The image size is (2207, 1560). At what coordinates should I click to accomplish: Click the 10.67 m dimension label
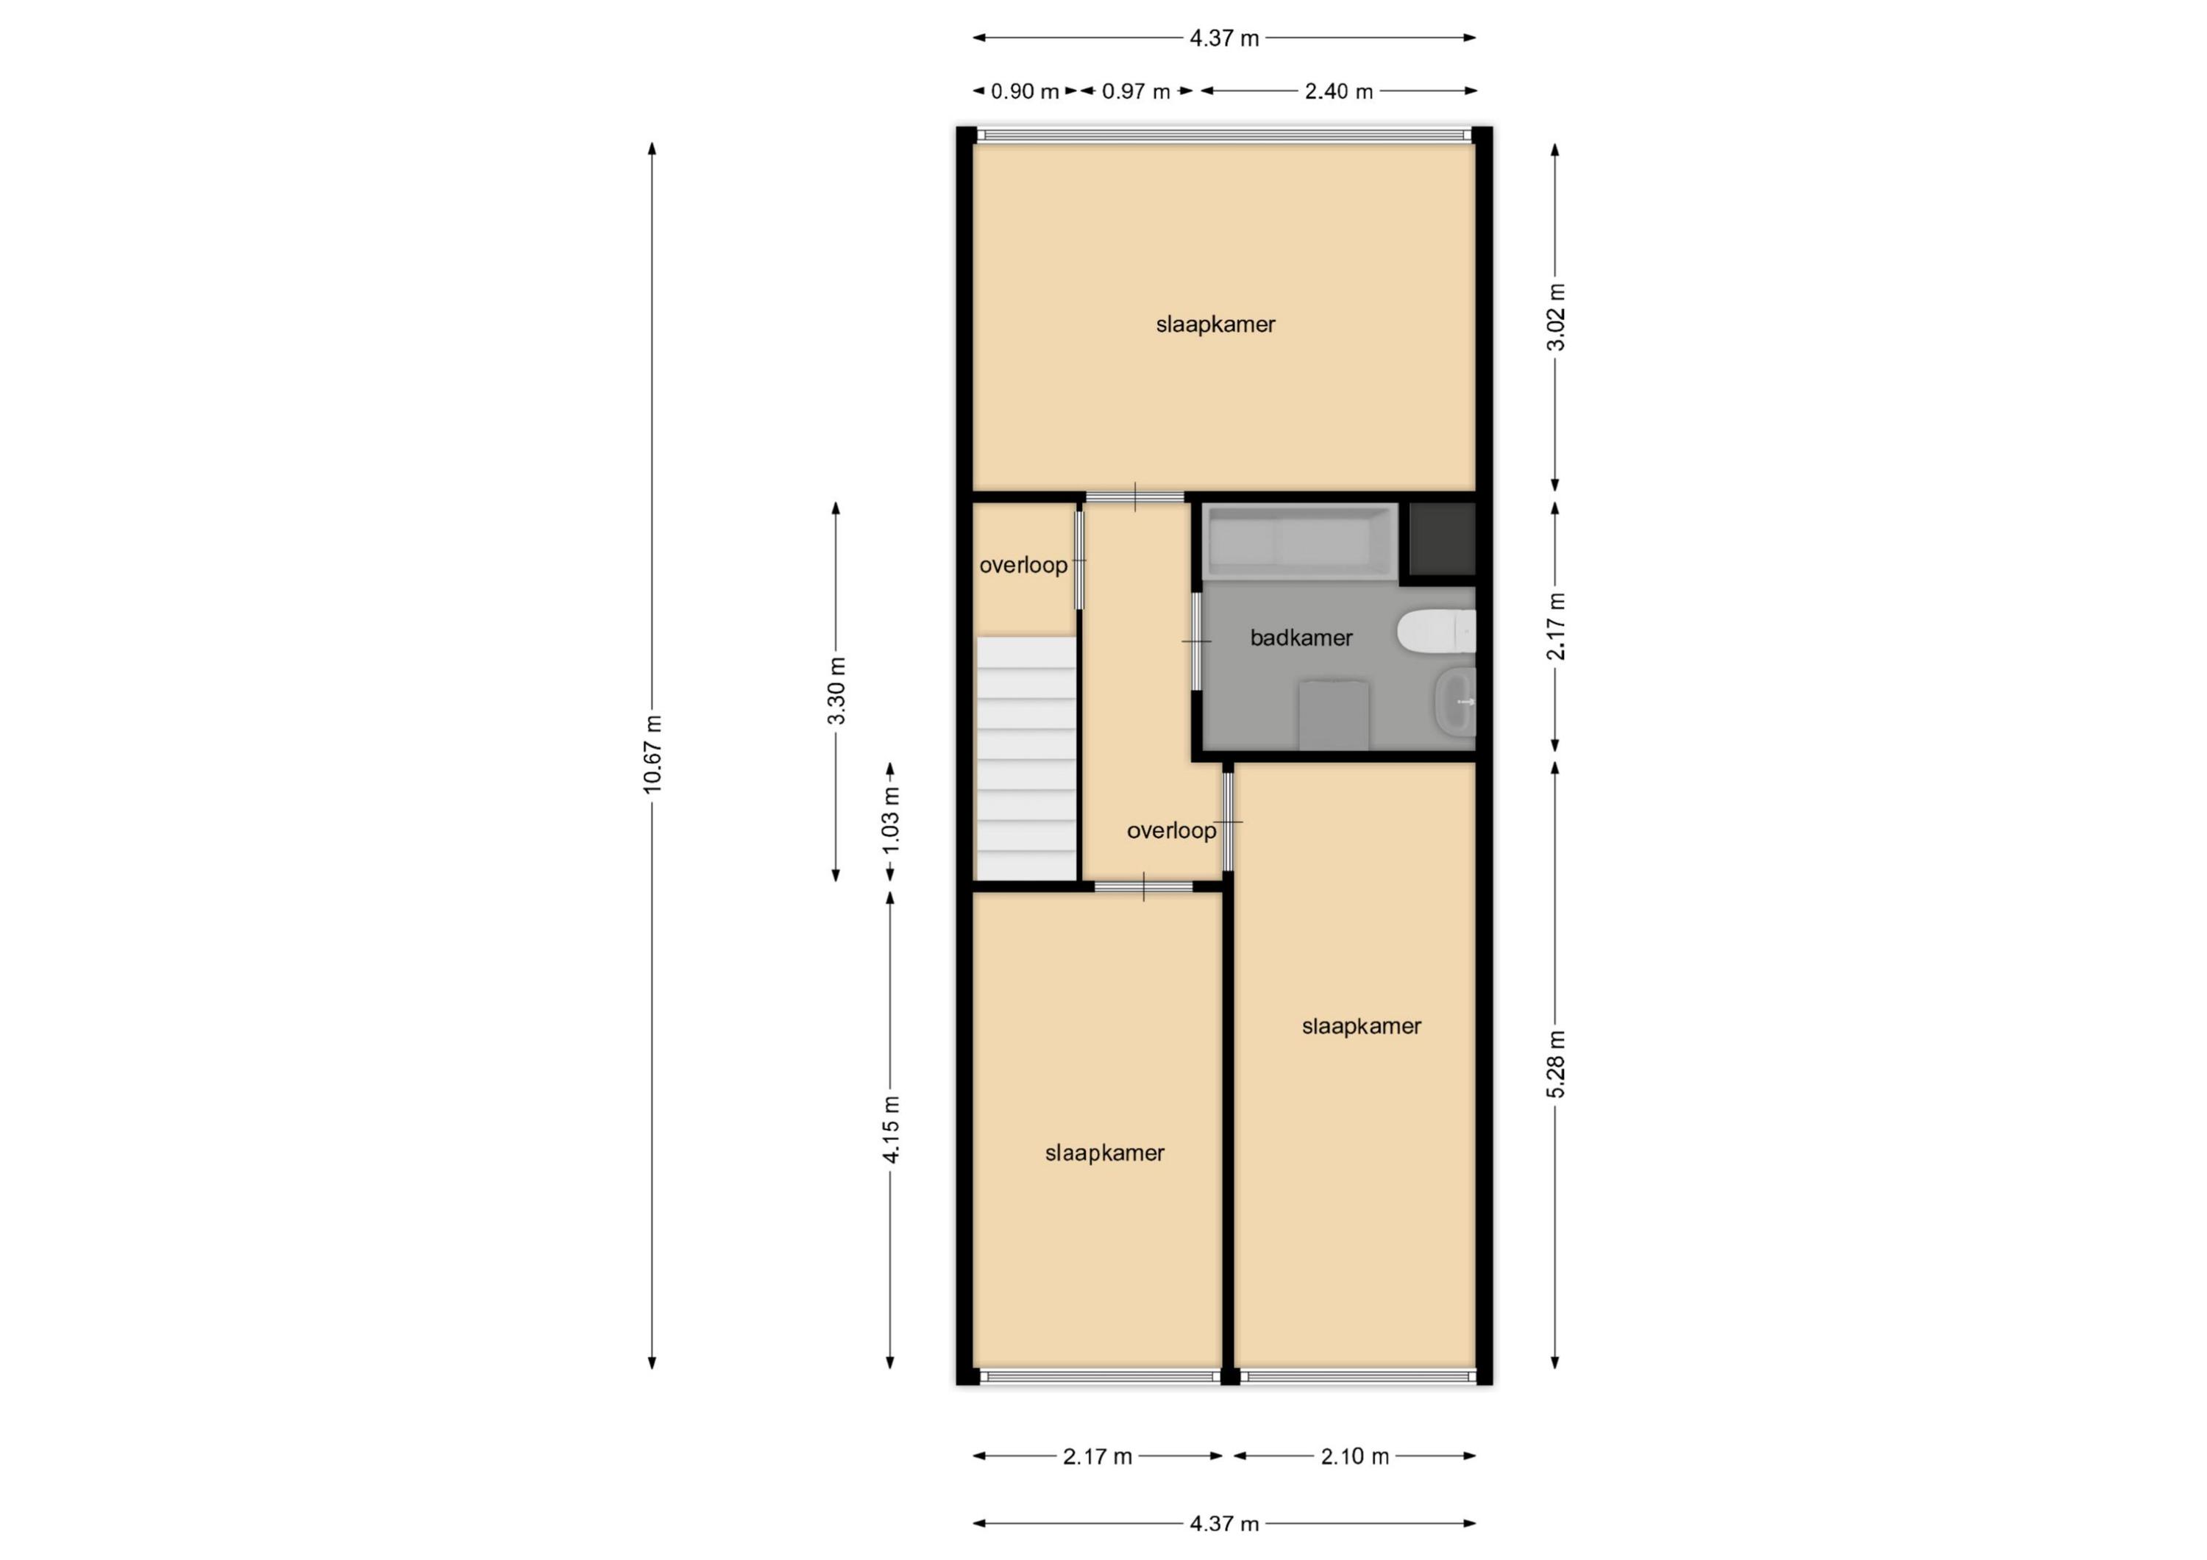click(653, 755)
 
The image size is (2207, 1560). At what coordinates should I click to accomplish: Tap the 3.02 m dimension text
click(1555, 317)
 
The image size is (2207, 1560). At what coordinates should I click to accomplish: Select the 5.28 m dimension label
click(1555, 1064)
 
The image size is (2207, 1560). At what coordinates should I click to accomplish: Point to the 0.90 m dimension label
click(1025, 91)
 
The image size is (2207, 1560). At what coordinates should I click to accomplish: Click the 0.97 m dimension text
click(1136, 91)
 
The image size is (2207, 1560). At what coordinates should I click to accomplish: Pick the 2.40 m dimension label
click(1339, 91)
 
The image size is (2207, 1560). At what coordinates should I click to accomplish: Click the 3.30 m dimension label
click(836, 691)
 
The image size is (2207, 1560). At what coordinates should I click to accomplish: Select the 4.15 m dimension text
click(891, 1130)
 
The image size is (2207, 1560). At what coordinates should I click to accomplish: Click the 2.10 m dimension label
click(1354, 1456)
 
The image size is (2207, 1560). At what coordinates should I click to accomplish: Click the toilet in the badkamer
click(1436, 632)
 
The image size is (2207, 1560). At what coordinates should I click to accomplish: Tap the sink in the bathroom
click(1455, 702)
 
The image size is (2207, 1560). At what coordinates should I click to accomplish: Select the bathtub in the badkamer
click(1301, 542)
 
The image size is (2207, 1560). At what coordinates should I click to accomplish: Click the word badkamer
click(1301, 637)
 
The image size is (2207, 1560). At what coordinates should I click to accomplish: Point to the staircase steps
click(1026, 758)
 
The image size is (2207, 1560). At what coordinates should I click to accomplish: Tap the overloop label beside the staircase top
click(1024, 565)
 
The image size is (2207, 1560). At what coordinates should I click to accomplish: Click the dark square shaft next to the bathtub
click(1442, 539)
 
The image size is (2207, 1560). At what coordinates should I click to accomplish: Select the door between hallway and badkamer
click(1197, 641)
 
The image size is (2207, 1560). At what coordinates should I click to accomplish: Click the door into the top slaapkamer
click(1135, 497)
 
